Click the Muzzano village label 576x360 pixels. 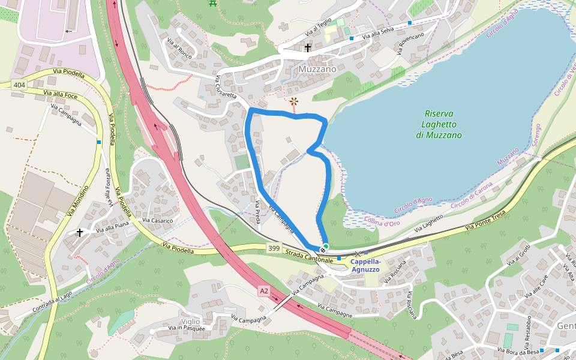pyautogui.click(x=317, y=69)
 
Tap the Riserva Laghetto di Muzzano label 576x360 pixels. pyautogui.click(x=439, y=124)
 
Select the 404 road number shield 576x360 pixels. pyautogui.click(x=19, y=85)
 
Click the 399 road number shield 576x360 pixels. pyautogui.click(x=274, y=248)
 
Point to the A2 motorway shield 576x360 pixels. pyautogui.click(x=263, y=291)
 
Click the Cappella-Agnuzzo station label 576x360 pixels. pyautogui.click(x=365, y=266)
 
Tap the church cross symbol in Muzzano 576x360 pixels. pyautogui.click(x=308, y=47)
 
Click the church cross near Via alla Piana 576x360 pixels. pyautogui.click(x=80, y=232)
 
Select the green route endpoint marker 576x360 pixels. pyautogui.click(x=325, y=247)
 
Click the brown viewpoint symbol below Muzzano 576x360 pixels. pyautogui.click(x=294, y=102)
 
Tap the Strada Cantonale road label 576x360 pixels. pyautogui.click(x=309, y=257)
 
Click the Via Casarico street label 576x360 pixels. pyautogui.click(x=157, y=221)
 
